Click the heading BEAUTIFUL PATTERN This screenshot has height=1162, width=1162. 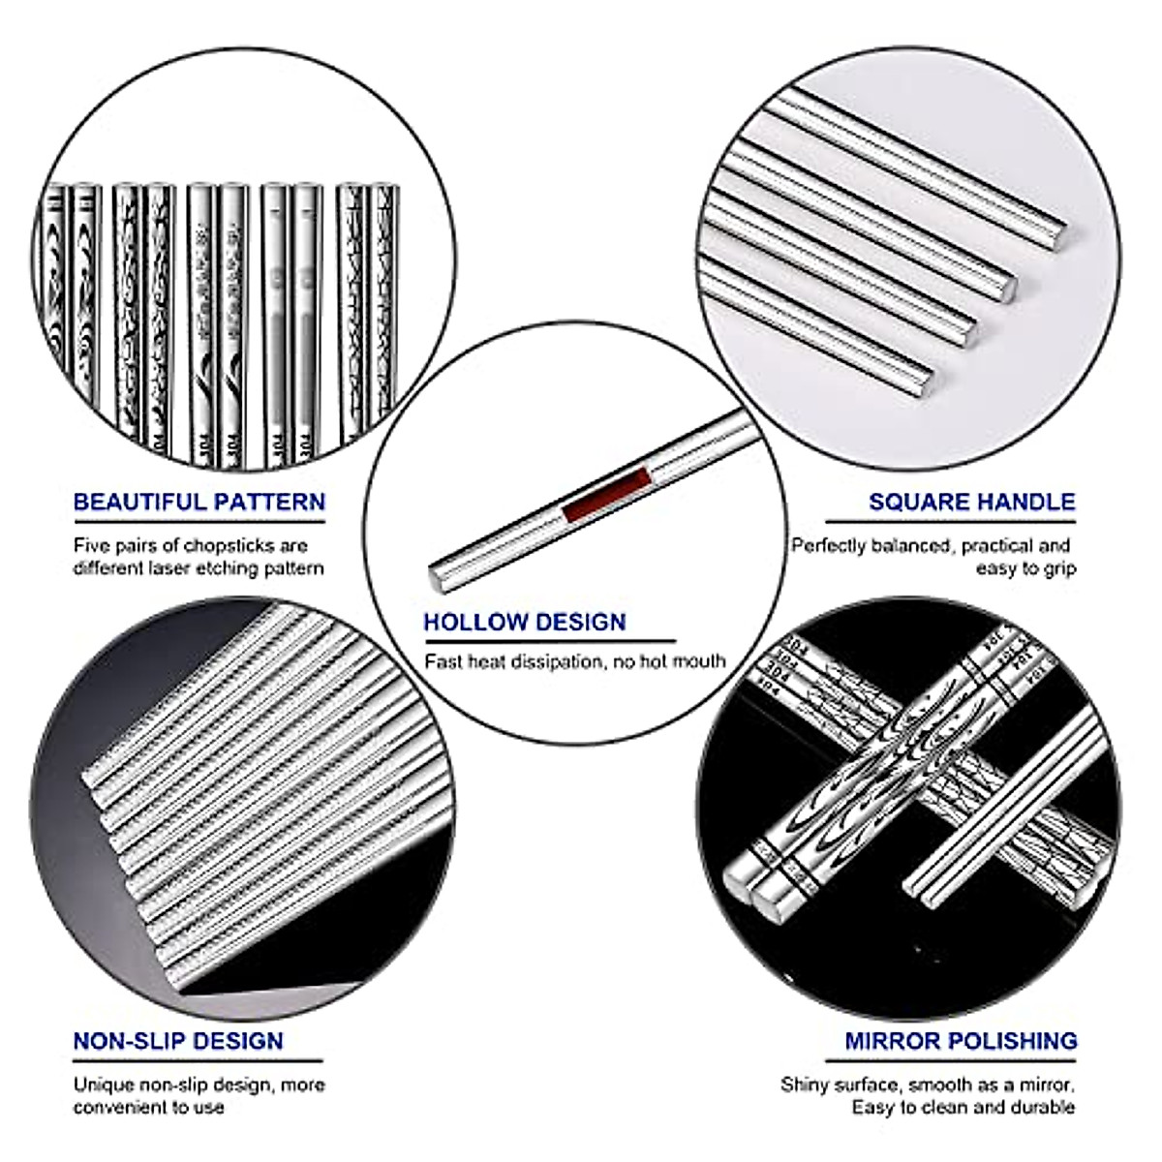pyautogui.click(x=199, y=502)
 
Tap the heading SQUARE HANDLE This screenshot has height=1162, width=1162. pyautogui.click(x=971, y=502)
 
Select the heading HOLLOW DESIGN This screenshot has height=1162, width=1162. pyautogui.click(x=525, y=622)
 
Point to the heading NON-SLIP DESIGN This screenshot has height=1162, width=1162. pyautogui.click(x=178, y=1041)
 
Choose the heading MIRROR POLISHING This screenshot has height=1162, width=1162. pyautogui.click(x=961, y=1041)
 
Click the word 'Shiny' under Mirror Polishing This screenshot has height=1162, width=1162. pyautogui.click(x=806, y=1085)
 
